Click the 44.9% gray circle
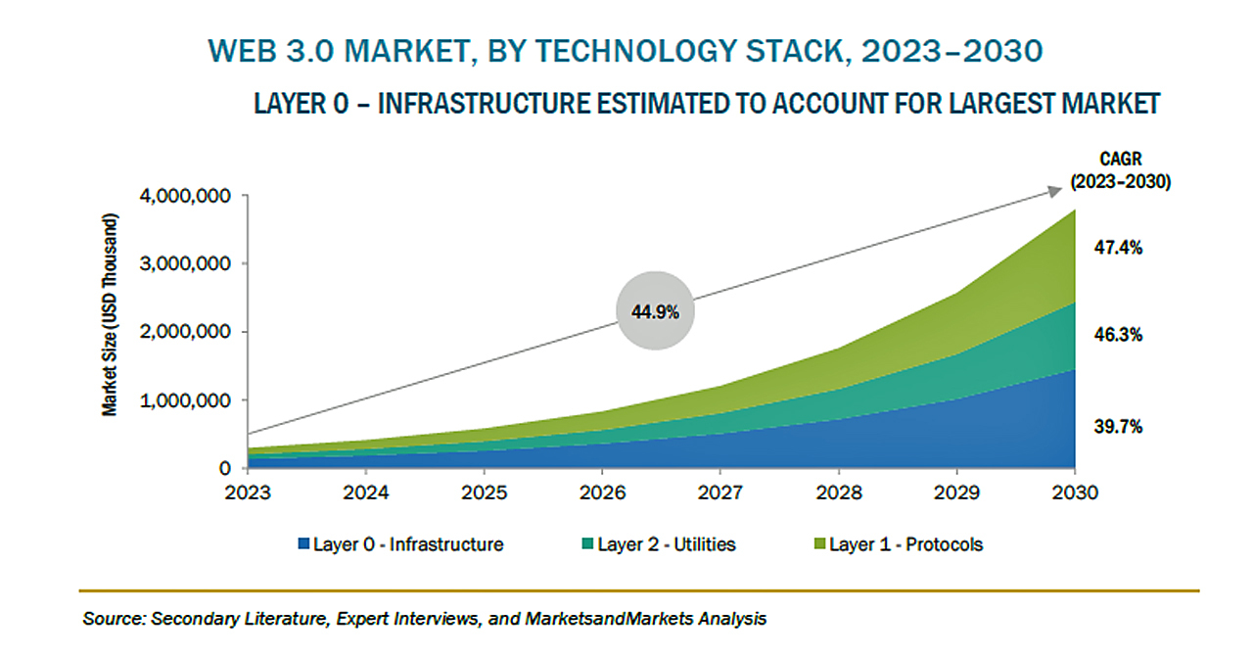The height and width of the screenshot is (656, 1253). (x=655, y=310)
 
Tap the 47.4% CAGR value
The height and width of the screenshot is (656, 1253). (x=1118, y=248)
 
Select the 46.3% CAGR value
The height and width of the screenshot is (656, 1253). (x=1118, y=335)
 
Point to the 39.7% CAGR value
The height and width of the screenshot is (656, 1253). (x=1118, y=427)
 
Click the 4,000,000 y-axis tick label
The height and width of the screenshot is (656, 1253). (x=185, y=196)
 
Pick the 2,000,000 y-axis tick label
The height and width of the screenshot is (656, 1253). (x=185, y=331)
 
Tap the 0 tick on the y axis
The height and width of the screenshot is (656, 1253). (x=225, y=468)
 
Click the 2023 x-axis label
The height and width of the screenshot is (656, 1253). (x=248, y=492)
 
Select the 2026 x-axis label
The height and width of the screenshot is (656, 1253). (x=602, y=492)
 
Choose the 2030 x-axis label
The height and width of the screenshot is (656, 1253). (x=1075, y=492)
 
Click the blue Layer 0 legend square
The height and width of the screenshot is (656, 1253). (x=303, y=543)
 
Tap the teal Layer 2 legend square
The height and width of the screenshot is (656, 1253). (x=587, y=543)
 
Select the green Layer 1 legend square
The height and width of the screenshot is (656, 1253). (x=819, y=543)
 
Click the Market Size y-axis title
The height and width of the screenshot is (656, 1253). (x=110, y=314)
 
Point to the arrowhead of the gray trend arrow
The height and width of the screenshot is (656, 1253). (x=1055, y=191)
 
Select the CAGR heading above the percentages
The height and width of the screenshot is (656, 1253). (x=1121, y=159)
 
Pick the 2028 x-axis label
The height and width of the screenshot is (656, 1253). (x=839, y=492)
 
